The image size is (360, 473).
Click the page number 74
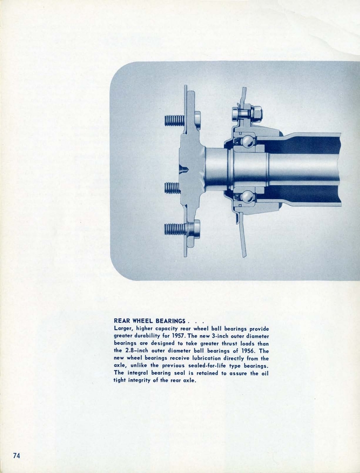point(17,455)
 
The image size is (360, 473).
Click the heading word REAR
point(122,321)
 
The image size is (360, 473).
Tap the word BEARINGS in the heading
point(170,321)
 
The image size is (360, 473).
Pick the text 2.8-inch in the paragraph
point(138,351)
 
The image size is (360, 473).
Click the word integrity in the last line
point(141,381)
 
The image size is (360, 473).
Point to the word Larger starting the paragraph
point(123,328)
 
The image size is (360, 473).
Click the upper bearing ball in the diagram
point(248,141)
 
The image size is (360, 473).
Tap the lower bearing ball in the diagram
point(248,197)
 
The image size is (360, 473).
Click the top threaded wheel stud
point(174,121)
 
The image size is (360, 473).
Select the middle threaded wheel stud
point(172,188)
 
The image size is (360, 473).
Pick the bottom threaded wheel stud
point(175,229)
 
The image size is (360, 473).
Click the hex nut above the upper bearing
point(256,113)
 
